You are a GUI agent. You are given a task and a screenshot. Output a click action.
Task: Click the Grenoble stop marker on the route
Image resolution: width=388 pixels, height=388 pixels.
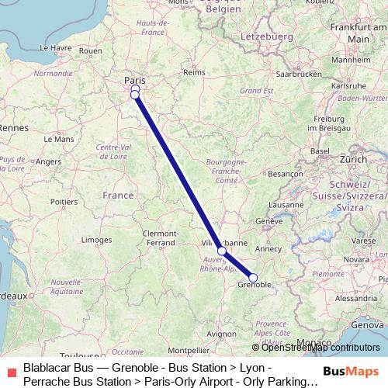(253, 278)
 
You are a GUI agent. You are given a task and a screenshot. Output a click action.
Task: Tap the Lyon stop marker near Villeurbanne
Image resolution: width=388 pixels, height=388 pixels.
(222, 251)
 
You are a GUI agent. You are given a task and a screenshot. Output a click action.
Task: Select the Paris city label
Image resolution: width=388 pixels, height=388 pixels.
(135, 80)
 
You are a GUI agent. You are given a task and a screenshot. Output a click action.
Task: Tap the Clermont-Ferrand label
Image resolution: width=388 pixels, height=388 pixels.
(161, 238)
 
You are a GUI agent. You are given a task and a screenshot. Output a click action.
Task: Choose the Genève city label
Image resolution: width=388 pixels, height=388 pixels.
(269, 221)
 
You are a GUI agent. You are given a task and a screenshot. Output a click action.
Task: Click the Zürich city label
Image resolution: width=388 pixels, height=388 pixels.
(353, 158)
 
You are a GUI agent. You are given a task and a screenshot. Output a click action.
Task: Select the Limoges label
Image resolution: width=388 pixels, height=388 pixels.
(96, 241)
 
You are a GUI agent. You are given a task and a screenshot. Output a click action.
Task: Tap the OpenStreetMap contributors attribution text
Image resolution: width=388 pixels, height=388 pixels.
(320, 348)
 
